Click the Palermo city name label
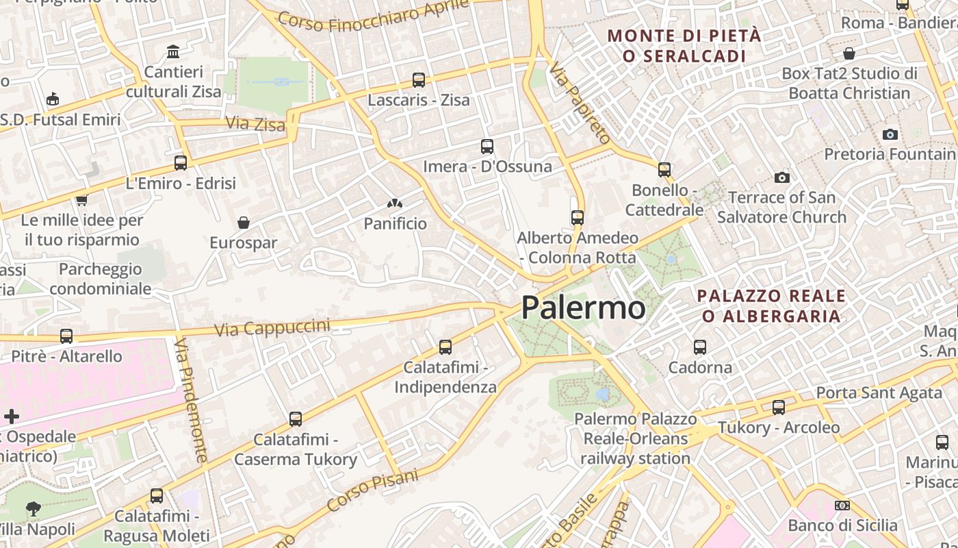[x=583, y=308]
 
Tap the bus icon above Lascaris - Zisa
[x=419, y=80]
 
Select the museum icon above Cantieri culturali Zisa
[x=173, y=52]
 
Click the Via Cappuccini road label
[x=272, y=327]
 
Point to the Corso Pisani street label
[x=372, y=490]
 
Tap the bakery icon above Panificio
[x=395, y=203]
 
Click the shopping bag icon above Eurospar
[x=243, y=223]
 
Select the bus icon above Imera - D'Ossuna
[x=487, y=147]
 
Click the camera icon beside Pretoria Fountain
[x=890, y=134]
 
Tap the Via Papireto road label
[x=580, y=103]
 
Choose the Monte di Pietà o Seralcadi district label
[x=684, y=46]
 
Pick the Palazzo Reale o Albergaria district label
[x=771, y=306]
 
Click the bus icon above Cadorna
[x=699, y=347]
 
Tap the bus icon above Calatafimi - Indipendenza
[x=445, y=347]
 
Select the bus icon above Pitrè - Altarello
[x=66, y=336]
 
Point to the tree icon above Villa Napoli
[x=33, y=509]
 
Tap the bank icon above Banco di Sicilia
[x=842, y=506]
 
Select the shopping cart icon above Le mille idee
[x=81, y=201]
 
